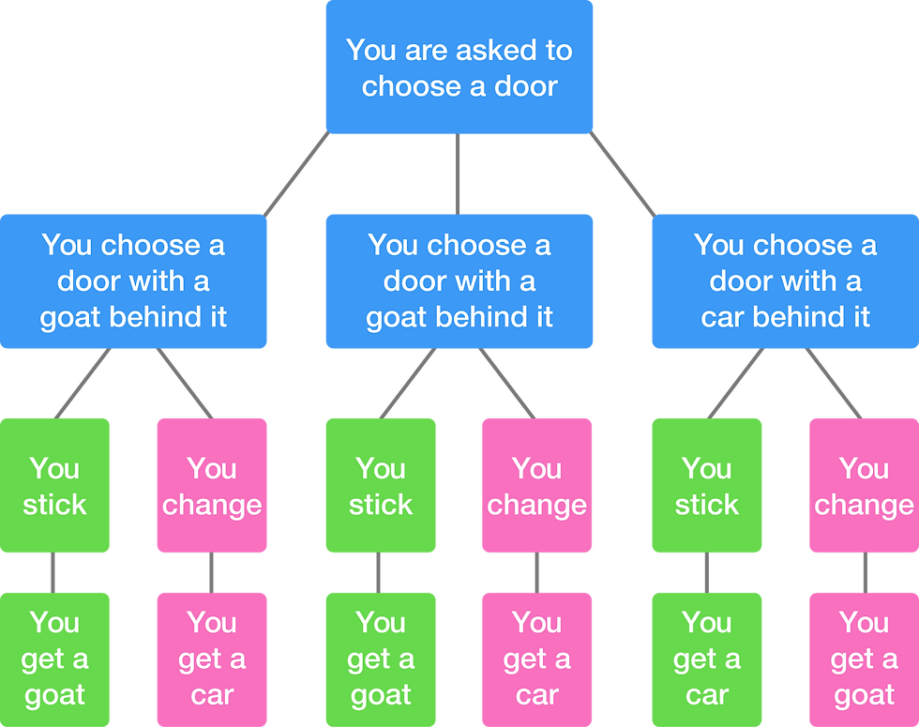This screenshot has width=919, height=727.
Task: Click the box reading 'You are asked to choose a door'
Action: (459, 67)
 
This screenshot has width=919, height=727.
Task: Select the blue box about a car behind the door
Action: (786, 281)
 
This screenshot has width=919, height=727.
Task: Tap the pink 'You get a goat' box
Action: (864, 660)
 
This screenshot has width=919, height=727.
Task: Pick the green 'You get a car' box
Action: (707, 660)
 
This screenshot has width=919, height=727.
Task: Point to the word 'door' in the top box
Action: (526, 86)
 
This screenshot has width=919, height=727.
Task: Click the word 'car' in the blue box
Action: (723, 318)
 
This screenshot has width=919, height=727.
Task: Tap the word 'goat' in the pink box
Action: (864, 696)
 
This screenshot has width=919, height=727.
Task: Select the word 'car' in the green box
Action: (707, 696)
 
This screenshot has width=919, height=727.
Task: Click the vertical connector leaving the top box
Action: (458, 174)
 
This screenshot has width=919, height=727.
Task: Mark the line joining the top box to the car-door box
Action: (623, 174)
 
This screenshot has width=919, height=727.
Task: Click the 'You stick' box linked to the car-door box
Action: (707, 486)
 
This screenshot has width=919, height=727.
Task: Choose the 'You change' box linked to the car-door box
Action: (864, 486)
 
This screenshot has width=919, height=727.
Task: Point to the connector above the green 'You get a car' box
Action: (707, 573)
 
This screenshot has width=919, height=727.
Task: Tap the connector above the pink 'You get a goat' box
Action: (865, 573)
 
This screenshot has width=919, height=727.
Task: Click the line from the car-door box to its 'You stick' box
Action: (735, 384)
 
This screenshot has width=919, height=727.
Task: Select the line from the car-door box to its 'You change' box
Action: (834, 384)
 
